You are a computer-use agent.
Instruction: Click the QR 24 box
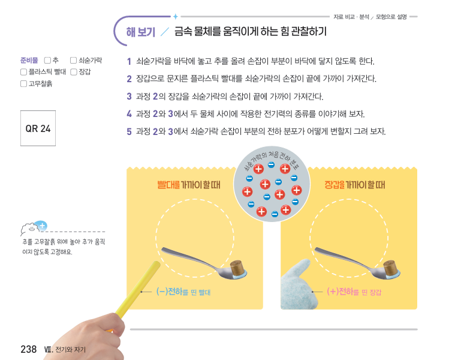[x=38, y=128]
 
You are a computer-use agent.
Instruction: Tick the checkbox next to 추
[x=47, y=60]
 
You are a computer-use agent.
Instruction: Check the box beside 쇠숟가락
[x=73, y=60]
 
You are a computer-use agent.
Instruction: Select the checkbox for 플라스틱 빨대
[x=24, y=72]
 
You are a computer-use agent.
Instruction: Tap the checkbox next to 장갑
[x=74, y=72]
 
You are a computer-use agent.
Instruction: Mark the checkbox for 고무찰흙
[x=24, y=83]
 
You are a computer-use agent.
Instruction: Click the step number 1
[x=129, y=61]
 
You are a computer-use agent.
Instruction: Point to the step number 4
[x=129, y=114]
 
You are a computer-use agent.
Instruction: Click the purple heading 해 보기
[x=141, y=32]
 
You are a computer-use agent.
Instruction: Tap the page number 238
[x=28, y=349]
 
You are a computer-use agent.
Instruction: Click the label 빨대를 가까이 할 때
[x=189, y=185]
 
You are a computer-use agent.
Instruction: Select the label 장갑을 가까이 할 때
[x=355, y=185]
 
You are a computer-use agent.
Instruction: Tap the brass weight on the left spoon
[x=237, y=268]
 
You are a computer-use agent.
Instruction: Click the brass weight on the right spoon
[x=391, y=268]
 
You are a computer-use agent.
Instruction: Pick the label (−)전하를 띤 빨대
[x=183, y=292]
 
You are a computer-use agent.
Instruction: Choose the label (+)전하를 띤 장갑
[x=354, y=292]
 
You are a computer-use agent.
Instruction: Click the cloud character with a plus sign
[x=34, y=229]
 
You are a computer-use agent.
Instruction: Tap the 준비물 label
[x=29, y=60]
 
